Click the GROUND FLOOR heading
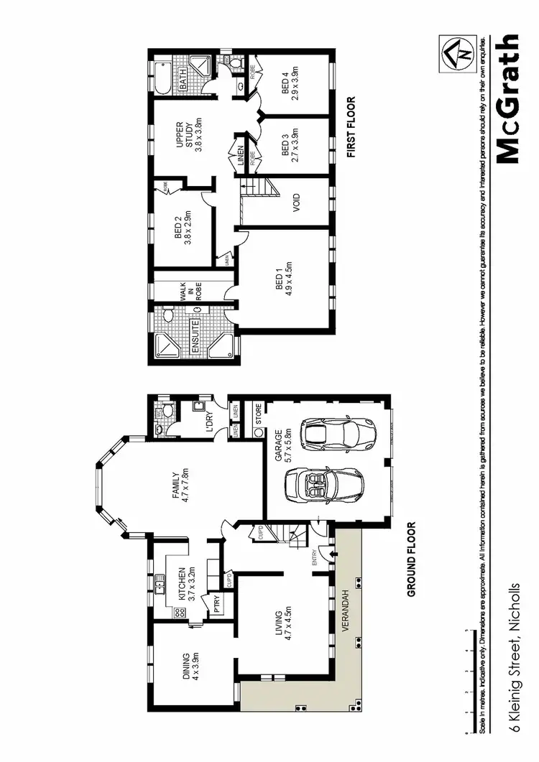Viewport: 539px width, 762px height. (x=413, y=559)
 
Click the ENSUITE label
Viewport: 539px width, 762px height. (x=194, y=331)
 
